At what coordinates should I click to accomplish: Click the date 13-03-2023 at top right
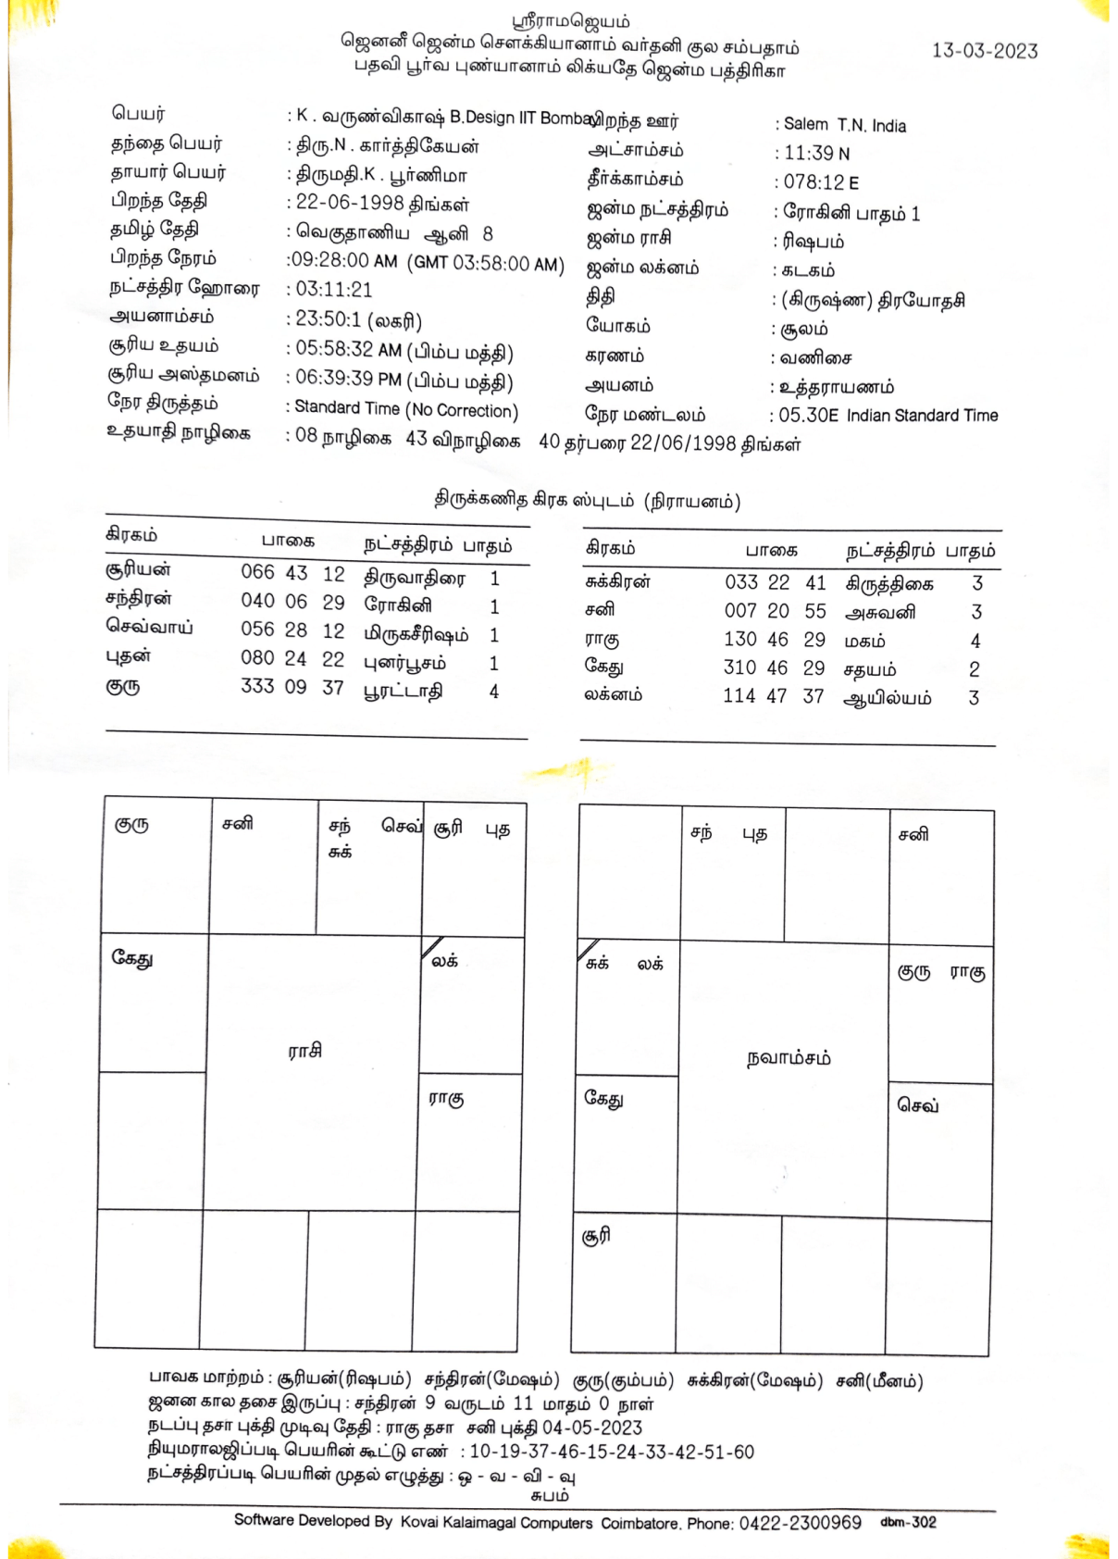pyautogui.click(x=985, y=51)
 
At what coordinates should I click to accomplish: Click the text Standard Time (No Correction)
pyautogui.click(x=405, y=409)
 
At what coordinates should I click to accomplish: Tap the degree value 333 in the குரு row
pyautogui.click(x=257, y=687)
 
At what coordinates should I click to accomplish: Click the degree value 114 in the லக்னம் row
pyautogui.click(x=739, y=696)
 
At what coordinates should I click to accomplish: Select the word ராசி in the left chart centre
pyautogui.click(x=304, y=1051)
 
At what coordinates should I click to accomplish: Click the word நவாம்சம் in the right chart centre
pyautogui.click(x=789, y=1058)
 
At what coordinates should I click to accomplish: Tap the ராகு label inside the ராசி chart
pyautogui.click(x=446, y=1099)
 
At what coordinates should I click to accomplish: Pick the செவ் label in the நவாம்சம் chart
pyautogui.click(x=918, y=1105)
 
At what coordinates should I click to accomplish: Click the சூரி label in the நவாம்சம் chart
pyautogui.click(x=596, y=1236)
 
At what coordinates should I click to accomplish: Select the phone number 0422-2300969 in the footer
pyautogui.click(x=800, y=1523)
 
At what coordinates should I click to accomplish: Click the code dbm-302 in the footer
pyautogui.click(x=908, y=1523)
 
